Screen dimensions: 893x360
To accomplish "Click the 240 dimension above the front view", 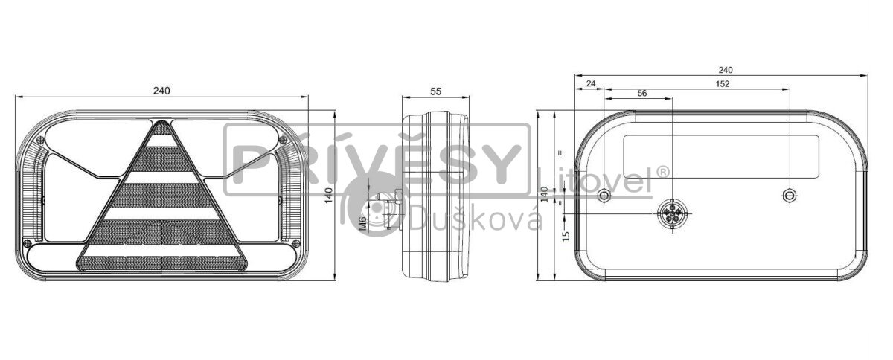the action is pyautogui.click(x=161, y=91).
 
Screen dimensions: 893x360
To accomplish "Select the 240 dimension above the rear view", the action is pyautogui.click(x=725, y=70).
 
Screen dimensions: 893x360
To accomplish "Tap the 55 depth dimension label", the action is pyautogui.click(x=436, y=91).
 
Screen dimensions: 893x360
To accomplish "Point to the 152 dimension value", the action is pyautogui.click(x=722, y=84).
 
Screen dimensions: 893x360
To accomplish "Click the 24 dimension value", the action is pyautogui.click(x=591, y=83).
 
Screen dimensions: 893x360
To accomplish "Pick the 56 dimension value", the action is pyautogui.click(x=641, y=93).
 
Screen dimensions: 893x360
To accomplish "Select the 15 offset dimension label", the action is pyautogui.click(x=566, y=236).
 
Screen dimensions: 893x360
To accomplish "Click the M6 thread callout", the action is pyautogui.click(x=363, y=224).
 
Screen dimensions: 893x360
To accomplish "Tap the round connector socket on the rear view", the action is pyautogui.click(x=673, y=214).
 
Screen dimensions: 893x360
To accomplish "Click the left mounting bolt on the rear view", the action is pyautogui.click(x=604, y=196).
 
